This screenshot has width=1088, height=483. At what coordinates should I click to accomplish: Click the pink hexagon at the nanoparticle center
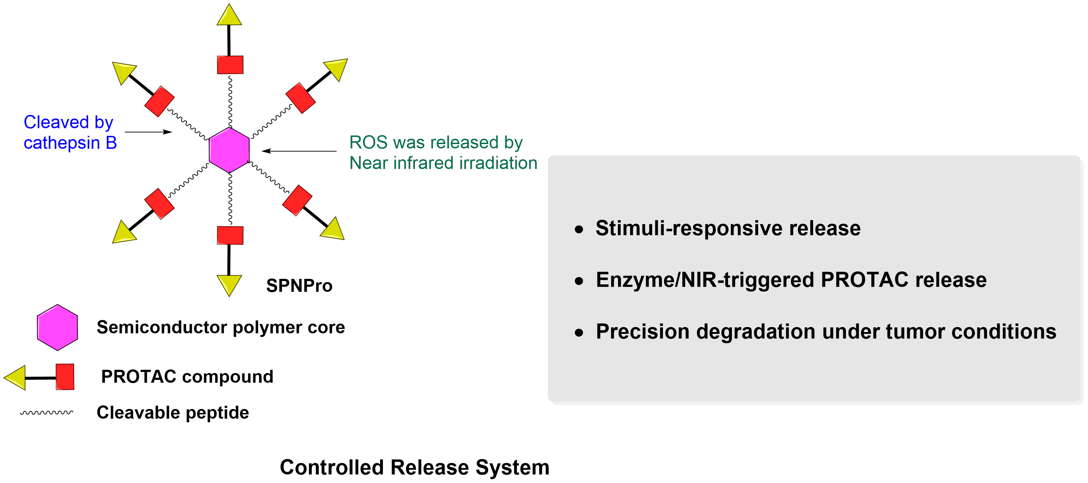pos(229,150)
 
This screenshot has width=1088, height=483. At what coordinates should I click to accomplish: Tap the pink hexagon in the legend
pos(57,327)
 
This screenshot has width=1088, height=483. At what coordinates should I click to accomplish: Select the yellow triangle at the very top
pos(229,15)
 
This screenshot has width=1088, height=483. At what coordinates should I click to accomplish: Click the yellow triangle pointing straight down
pos(229,285)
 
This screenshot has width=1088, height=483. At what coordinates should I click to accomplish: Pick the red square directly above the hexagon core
pos(230,65)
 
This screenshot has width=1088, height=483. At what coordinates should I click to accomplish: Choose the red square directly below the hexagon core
pos(230,235)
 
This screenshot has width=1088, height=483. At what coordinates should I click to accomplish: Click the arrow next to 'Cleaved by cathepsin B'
pos(148,132)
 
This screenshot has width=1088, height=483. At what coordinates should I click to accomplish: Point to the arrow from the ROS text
pos(299,151)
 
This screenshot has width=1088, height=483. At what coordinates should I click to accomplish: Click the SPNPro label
pos(299,286)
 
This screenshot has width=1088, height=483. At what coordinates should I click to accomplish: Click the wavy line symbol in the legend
pos(46,413)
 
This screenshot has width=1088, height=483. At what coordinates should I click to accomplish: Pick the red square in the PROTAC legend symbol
pos(65,377)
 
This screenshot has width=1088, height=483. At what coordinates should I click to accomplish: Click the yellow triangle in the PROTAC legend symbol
pos(15,377)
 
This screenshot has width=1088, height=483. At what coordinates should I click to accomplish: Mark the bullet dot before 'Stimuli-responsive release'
pos(579,229)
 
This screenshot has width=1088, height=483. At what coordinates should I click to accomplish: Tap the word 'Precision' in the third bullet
pos(642,331)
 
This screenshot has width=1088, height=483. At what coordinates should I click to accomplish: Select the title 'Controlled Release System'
pos(414,467)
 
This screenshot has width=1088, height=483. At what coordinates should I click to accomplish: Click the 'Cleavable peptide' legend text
pos(173,413)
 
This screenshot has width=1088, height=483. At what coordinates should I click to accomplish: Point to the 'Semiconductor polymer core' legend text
pos(221,327)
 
